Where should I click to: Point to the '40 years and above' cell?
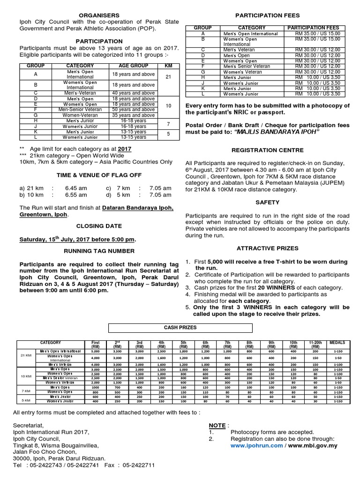pos(133,92)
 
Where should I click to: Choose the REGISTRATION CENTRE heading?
pos(267,151)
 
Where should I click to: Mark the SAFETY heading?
pos(268,202)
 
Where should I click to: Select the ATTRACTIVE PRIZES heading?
pos(267,247)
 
